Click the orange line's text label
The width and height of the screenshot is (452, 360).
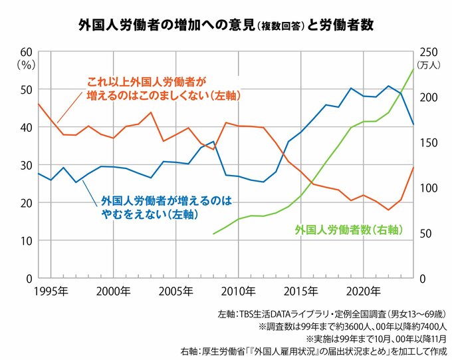[163, 89]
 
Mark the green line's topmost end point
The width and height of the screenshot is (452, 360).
[413, 69]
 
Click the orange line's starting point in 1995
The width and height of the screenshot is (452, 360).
[39, 104]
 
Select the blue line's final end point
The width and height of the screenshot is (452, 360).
[413, 124]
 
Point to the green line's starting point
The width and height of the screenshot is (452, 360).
[213, 234]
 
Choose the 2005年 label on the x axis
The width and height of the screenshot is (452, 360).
[176, 291]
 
